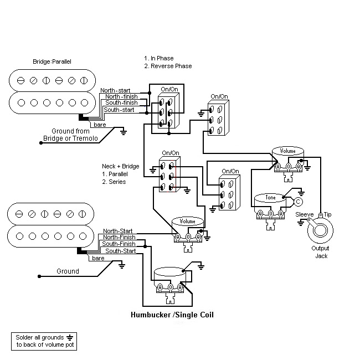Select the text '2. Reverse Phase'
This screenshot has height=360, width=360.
(168, 66)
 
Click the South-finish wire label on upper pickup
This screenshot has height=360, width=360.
(121, 102)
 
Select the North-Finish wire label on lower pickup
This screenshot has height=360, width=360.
(119, 237)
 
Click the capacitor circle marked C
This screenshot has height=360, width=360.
(298, 202)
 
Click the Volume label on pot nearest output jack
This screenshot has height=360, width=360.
(288, 150)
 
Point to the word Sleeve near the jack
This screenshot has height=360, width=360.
(305, 214)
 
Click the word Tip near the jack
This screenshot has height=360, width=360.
(328, 214)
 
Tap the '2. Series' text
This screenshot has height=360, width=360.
(114, 182)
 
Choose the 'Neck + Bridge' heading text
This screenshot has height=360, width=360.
(120, 166)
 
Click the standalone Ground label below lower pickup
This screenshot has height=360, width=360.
(68, 271)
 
